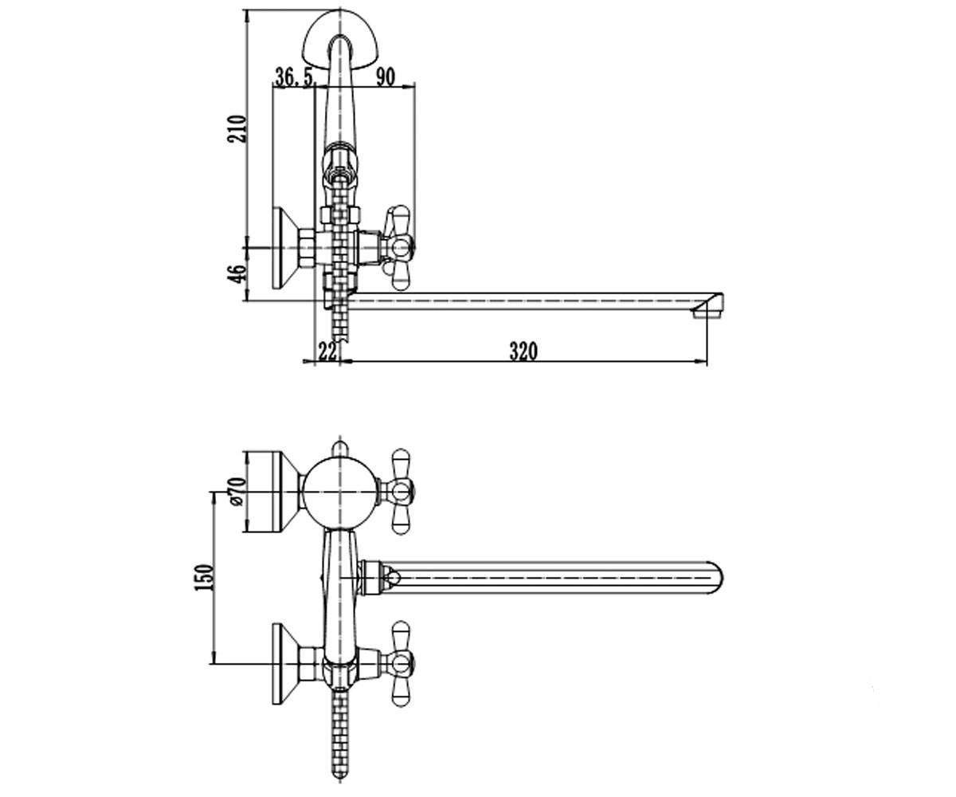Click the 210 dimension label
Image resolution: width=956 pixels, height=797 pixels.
coord(237,129)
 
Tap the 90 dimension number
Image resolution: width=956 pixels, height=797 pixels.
coord(386,77)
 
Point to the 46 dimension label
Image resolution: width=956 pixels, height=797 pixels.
coord(237,273)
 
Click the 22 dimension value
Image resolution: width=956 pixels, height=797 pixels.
coord(327,351)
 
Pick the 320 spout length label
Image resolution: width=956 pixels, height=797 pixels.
coord(523,351)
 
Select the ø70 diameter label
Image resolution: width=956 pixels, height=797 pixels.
coord(238,492)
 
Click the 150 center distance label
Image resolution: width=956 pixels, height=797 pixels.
coord(204,577)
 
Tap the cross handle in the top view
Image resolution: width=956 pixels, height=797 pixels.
coord(398,248)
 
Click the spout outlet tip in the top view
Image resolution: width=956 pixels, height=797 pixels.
coord(709,305)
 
